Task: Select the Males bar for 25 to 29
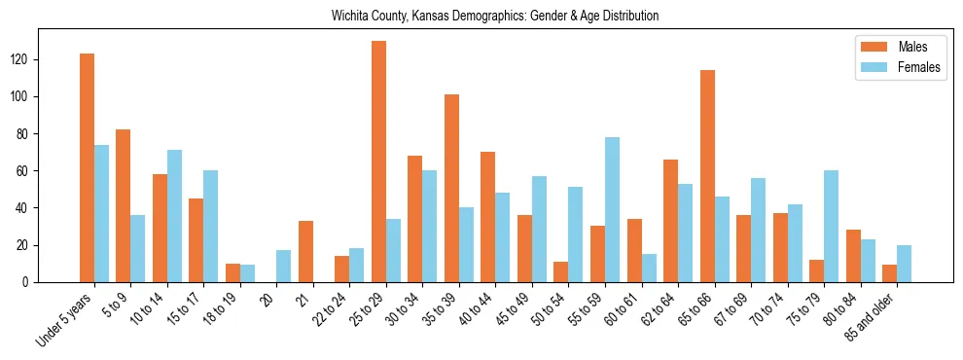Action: pos(378,162)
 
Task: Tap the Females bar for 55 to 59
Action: pos(612,209)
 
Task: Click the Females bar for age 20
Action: pos(283,266)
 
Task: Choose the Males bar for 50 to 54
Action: pos(561,271)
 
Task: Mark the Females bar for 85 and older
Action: pos(905,264)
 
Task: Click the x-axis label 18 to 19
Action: pos(219,308)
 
